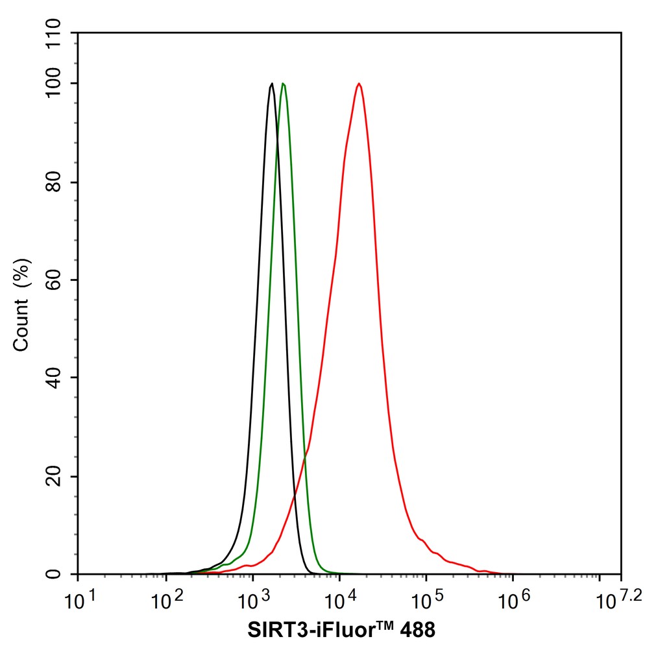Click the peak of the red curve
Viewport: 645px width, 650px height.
pos(358,84)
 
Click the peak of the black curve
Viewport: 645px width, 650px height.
pos(272,84)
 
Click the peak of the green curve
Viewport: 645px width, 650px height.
pos(283,84)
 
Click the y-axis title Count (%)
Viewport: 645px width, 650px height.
pos(22,304)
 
